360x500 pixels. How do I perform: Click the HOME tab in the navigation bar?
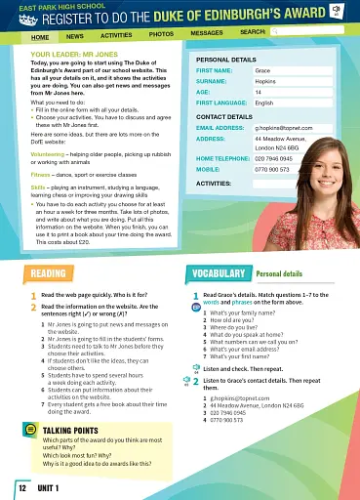point(40,35)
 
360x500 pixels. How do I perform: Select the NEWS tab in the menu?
point(75,35)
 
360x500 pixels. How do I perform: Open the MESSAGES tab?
point(207,33)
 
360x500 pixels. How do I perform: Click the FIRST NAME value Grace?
point(262,70)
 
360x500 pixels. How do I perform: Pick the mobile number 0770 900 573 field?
point(272,169)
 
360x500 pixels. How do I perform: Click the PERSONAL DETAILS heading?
point(224,60)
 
